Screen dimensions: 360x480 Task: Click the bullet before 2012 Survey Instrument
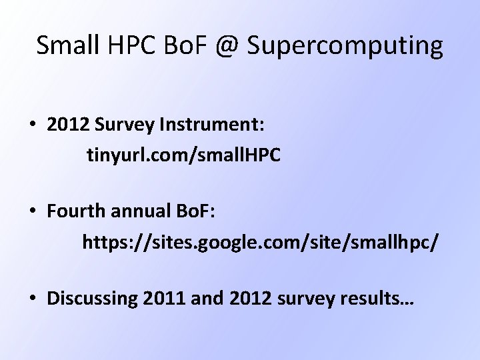(32, 125)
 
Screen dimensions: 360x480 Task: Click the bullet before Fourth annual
(32, 211)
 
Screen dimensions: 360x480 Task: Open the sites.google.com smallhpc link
(260, 241)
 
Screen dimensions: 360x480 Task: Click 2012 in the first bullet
(67, 125)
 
